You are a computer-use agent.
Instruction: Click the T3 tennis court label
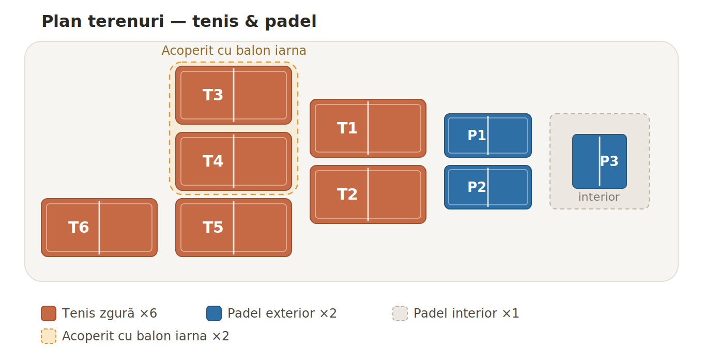coord(213,95)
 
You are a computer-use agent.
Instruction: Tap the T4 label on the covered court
coord(213,161)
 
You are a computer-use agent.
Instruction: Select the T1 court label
coord(347,128)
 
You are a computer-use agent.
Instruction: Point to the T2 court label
coord(347,194)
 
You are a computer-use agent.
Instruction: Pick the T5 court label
coord(213,228)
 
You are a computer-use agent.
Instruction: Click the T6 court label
coord(79,228)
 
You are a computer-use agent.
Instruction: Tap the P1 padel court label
coord(477,136)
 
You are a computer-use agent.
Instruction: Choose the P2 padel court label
coord(477,187)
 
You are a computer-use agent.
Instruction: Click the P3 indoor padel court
coord(600,161)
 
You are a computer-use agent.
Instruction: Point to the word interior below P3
coord(599,197)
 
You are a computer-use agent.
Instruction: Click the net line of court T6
coord(99,228)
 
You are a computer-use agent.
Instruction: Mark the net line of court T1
coord(368,128)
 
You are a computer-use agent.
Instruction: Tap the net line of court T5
coord(234,228)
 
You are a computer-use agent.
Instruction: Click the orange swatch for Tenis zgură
coord(49,313)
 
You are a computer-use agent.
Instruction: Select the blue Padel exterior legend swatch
coord(214,313)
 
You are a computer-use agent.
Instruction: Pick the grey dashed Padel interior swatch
coord(400,313)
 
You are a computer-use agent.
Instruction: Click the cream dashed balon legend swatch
coord(49,336)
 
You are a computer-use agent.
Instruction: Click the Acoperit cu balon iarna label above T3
coord(234,51)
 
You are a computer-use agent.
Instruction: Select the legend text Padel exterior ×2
coord(282,313)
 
